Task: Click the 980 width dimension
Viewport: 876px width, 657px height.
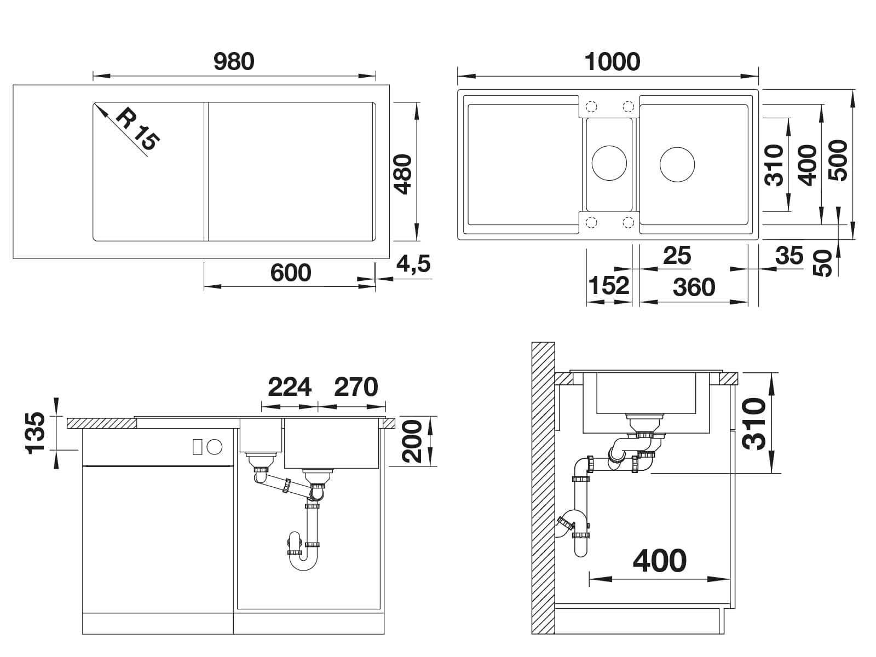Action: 234,61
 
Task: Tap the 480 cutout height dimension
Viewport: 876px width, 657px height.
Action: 402,174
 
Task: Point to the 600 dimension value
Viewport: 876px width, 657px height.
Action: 291,273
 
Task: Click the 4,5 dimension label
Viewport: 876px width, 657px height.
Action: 413,264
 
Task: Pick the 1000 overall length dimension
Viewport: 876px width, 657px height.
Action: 612,62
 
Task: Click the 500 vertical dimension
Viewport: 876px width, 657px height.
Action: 838,160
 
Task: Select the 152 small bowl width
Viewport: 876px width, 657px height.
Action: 609,285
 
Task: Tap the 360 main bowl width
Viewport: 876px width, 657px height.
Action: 694,287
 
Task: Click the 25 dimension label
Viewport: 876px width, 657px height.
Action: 677,255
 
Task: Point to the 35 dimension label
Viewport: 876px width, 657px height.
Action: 789,255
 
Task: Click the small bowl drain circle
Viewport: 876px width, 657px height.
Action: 609,163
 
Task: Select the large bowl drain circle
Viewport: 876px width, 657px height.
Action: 677,164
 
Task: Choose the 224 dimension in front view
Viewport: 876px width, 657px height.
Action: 289,387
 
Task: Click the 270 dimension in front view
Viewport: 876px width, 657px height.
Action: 355,387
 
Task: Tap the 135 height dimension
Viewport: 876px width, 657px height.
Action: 35,433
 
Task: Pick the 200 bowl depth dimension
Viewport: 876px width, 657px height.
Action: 412,441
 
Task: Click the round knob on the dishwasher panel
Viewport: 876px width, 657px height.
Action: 214,447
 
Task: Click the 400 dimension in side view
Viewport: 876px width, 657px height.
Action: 659,561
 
